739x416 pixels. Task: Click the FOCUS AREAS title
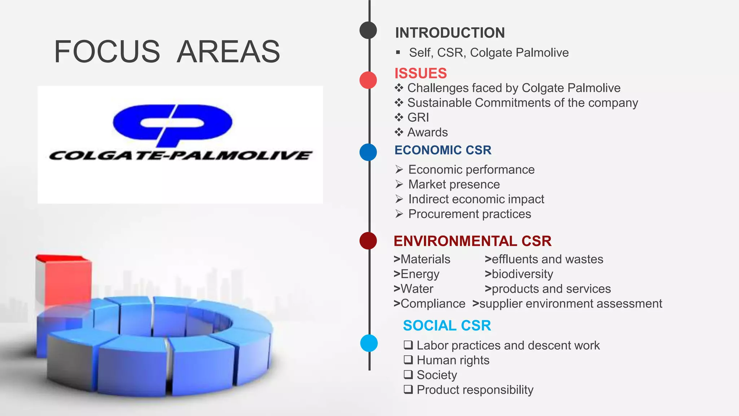(x=167, y=52)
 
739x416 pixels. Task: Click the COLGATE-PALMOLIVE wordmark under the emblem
(x=180, y=156)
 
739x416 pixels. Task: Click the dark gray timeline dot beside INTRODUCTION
(x=368, y=30)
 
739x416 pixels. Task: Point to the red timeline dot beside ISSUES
(x=368, y=80)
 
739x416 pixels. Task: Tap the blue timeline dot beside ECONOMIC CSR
(x=368, y=152)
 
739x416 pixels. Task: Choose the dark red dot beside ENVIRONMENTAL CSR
(x=368, y=240)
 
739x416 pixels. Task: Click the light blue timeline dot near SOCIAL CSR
(x=369, y=343)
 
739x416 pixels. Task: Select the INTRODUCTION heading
(x=450, y=33)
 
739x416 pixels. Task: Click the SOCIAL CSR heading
(x=447, y=326)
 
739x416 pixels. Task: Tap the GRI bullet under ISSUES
(x=418, y=118)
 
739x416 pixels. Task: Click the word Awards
(x=427, y=133)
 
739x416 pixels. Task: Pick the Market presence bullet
(x=454, y=185)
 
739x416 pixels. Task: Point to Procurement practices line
(x=469, y=214)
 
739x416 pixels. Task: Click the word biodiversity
(x=522, y=274)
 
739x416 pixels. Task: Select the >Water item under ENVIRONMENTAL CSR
(x=414, y=289)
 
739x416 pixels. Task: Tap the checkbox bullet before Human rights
(x=408, y=360)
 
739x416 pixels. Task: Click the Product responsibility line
(x=475, y=390)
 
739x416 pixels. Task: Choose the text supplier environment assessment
(x=570, y=304)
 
